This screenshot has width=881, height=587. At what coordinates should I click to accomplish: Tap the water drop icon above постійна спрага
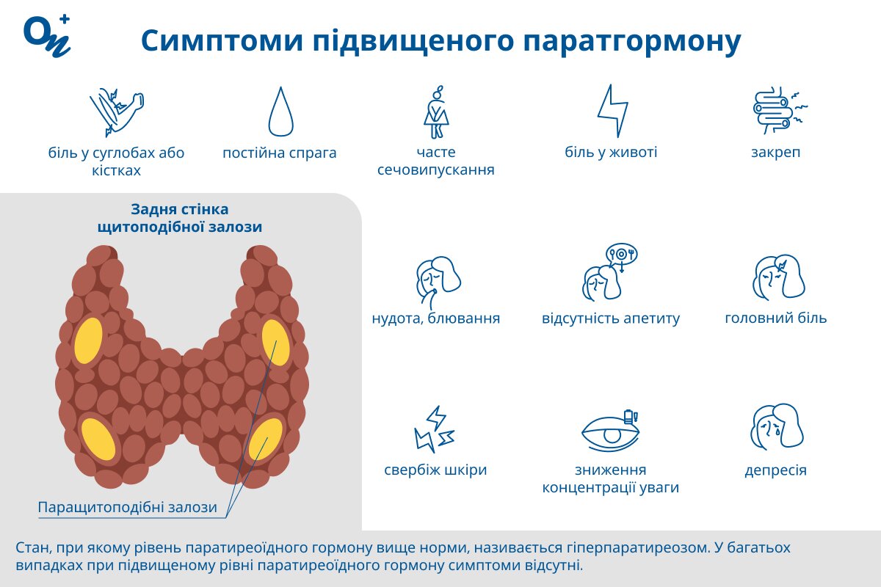click(280, 112)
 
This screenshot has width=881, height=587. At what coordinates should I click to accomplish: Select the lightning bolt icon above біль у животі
click(612, 111)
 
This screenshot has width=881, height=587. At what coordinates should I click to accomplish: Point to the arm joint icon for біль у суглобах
click(116, 112)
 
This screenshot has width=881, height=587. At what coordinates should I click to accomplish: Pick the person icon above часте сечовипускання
click(436, 112)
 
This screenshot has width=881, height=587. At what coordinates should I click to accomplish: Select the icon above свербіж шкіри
click(435, 429)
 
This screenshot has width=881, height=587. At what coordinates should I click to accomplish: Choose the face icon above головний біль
click(776, 277)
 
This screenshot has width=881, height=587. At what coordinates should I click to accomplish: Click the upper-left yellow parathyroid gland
click(89, 341)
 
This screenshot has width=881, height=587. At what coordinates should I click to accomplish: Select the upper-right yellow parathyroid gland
click(275, 342)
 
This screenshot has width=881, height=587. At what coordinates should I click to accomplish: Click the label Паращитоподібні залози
click(127, 508)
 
